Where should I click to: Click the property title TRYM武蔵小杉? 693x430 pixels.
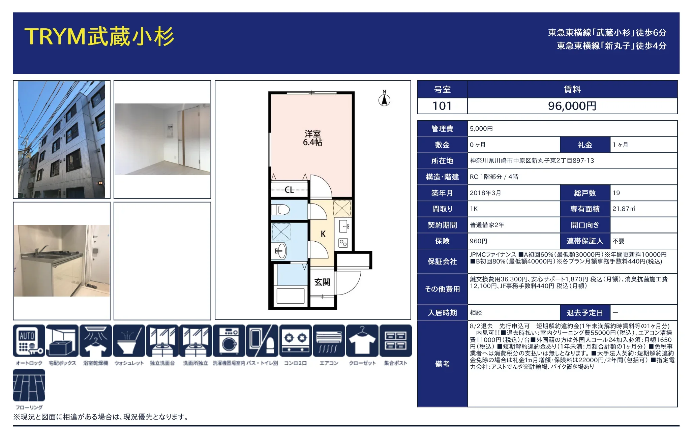(x=99, y=36)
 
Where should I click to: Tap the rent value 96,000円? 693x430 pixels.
(x=572, y=106)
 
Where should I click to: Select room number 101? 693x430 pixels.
(x=442, y=106)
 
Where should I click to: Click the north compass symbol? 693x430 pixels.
(x=384, y=98)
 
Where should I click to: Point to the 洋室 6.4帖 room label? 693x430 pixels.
(x=312, y=138)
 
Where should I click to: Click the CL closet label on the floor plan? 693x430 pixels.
(x=289, y=190)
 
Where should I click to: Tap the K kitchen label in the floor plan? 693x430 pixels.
(x=323, y=234)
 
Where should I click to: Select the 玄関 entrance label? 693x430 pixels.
(x=322, y=282)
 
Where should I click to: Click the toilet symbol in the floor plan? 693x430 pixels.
(x=280, y=210)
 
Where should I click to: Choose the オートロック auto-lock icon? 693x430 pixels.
(x=29, y=340)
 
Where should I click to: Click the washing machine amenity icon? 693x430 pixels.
(x=229, y=340)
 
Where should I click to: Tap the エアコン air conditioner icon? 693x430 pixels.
(x=329, y=340)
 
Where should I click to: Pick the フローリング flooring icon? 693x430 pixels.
(x=29, y=385)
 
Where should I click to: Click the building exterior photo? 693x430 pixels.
(x=61, y=140)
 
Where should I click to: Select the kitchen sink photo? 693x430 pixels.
(x=62, y=261)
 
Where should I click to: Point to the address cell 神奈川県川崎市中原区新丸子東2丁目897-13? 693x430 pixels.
(x=532, y=161)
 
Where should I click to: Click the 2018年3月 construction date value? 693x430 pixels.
(x=485, y=193)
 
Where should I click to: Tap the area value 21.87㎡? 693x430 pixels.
(x=624, y=209)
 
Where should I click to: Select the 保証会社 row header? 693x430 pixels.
(x=442, y=262)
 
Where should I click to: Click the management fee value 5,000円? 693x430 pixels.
(x=481, y=128)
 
